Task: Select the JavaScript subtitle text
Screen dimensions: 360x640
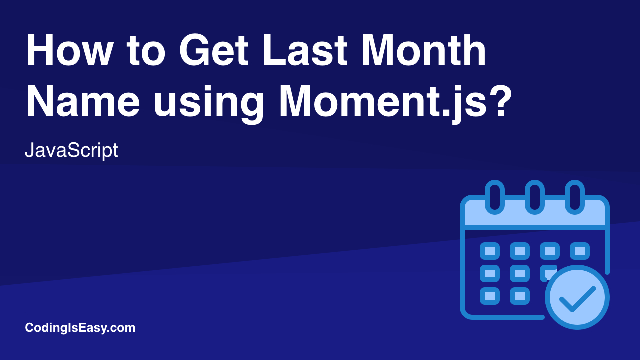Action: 71,150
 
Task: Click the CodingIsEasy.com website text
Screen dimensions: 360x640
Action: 80,328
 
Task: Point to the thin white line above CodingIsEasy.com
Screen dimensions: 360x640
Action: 80,315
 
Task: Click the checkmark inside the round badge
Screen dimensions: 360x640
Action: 577,298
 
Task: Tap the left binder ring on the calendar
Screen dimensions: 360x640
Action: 495,197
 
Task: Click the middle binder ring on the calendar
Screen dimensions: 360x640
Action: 535,197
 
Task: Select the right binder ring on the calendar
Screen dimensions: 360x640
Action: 575,197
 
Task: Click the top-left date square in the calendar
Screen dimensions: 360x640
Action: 490,251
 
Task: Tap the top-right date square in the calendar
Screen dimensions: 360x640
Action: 580,251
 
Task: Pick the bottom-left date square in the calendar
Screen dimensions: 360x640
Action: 490,296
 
